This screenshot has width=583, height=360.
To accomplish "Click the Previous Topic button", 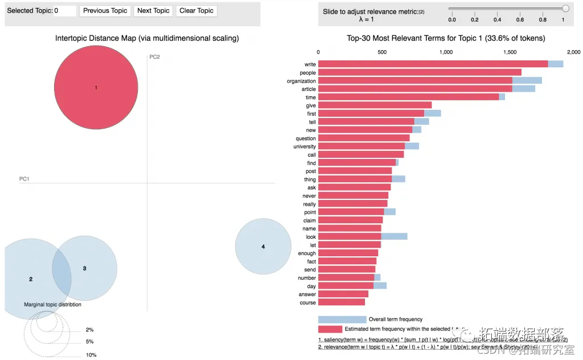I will click(105, 11).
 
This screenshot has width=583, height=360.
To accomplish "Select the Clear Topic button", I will click(196, 11).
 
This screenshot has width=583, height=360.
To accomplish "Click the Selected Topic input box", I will click(65, 11).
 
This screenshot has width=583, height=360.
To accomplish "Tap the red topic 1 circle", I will click(96, 88).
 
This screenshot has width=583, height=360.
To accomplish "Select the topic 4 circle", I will click(260, 247).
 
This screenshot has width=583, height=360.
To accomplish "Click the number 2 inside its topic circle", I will click(31, 279).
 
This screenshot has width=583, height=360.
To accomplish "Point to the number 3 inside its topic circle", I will click(84, 268).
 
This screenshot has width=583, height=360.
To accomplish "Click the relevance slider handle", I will click(565, 9).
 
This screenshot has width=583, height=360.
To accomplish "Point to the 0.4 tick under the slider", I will click(497, 19).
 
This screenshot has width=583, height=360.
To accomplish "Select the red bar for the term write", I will click(433, 64).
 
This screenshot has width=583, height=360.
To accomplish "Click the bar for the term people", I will click(420, 72).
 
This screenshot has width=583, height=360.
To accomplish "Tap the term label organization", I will click(301, 81).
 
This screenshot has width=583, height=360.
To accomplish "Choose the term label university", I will click(305, 146).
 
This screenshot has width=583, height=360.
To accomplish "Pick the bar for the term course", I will click(342, 302).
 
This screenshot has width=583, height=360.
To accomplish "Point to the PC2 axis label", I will click(154, 57).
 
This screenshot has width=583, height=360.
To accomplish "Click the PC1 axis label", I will click(24, 179).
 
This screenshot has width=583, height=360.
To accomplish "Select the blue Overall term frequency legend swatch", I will click(342, 320).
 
